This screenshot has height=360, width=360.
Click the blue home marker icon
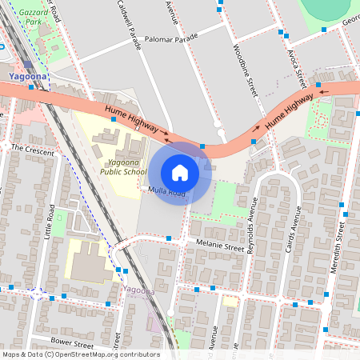click(180, 173)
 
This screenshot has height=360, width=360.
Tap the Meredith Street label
click(337, 248)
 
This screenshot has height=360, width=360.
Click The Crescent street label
click(33, 150)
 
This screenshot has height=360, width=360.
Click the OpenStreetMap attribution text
click(80, 354)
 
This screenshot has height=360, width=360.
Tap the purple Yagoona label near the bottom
click(139, 291)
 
